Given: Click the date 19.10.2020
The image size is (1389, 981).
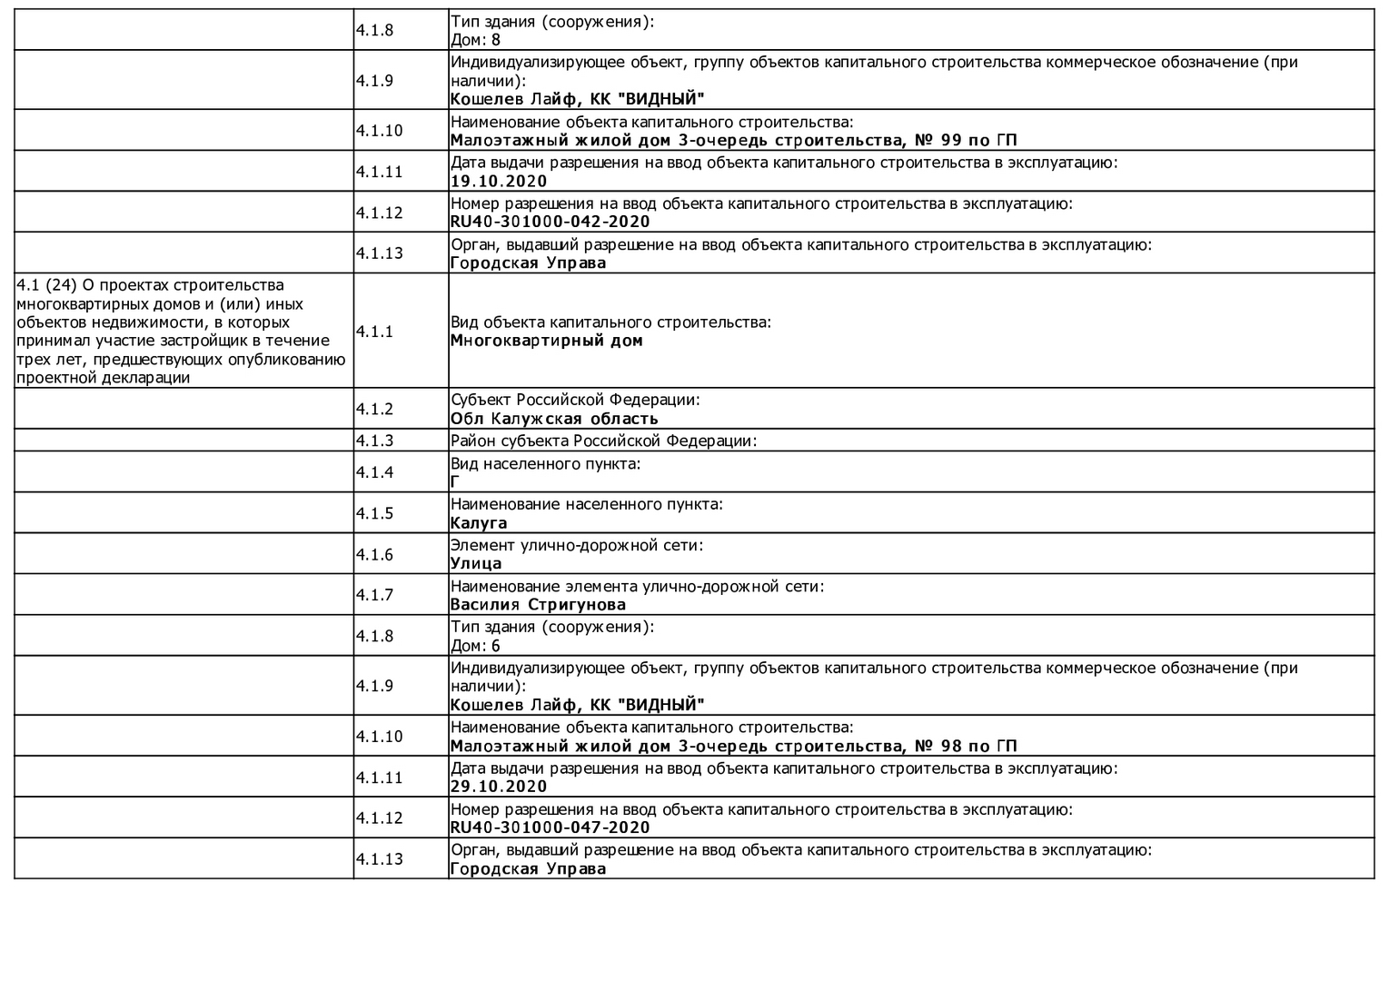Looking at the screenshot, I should pos(499,181).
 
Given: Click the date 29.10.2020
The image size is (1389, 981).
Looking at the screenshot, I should pos(499,787).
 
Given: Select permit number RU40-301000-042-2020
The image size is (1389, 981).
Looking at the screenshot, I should pos(550,222).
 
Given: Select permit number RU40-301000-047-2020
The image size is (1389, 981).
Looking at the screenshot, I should pos(550,827).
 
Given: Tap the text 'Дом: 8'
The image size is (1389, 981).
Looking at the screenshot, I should pos(475,40).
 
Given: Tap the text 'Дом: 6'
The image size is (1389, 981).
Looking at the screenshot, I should pos(475,646).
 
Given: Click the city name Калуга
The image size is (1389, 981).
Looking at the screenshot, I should pos(479,523).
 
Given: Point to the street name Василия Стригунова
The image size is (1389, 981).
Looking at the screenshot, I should pos(538,605).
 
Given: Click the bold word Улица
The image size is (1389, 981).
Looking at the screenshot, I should pos(476,564).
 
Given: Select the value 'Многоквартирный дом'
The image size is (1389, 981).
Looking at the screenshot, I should pos(546,341).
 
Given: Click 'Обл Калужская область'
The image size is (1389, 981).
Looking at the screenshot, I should pos(553,419).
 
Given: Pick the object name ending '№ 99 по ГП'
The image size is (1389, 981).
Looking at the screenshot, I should pos(733,140).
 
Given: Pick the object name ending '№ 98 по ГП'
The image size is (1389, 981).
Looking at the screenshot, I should pos(733,746).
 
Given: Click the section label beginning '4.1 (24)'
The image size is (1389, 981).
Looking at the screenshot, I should pos(181,332).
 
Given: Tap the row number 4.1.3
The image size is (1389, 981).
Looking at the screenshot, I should pos(374,441).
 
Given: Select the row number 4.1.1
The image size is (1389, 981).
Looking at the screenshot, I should pos(374,332).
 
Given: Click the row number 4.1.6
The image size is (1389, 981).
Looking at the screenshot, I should pos(374,554).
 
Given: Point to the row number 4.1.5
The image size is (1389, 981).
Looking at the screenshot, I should pos(374,513).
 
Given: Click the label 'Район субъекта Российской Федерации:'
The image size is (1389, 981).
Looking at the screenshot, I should pos(603,441).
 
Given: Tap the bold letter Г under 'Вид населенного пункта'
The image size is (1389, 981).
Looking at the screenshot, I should pos(454,482).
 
